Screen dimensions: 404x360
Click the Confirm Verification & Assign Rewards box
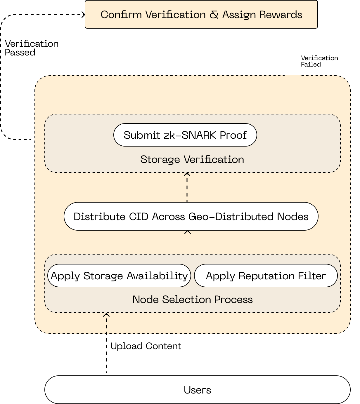pos(201,14)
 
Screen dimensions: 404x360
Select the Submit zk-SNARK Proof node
pos(185,135)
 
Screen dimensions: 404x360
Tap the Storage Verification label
pos(192,159)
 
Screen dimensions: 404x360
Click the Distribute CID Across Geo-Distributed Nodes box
pos(191,216)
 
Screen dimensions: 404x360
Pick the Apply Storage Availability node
pos(119,276)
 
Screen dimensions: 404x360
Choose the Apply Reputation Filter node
pos(266,276)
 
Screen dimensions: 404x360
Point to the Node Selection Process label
pos(192,299)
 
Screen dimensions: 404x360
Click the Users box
pos(197,390)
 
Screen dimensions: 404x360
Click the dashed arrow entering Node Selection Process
pos(106,323)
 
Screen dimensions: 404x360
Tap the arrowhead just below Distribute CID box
pos(188,232)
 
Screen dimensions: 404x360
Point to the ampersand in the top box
pos(214,15)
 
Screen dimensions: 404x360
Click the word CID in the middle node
pos(139,217)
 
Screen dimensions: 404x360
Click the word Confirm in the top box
pos(121,15)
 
